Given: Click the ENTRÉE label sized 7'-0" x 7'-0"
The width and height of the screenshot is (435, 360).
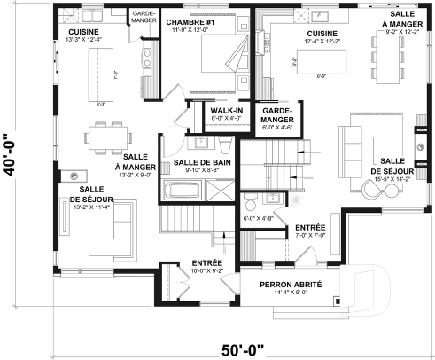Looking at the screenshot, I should [x=309, y=229].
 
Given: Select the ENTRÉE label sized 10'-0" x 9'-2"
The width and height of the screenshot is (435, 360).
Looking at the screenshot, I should [x=206, y=262].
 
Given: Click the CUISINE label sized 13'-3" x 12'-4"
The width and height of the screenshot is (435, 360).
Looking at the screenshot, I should [x=82, y=32].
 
